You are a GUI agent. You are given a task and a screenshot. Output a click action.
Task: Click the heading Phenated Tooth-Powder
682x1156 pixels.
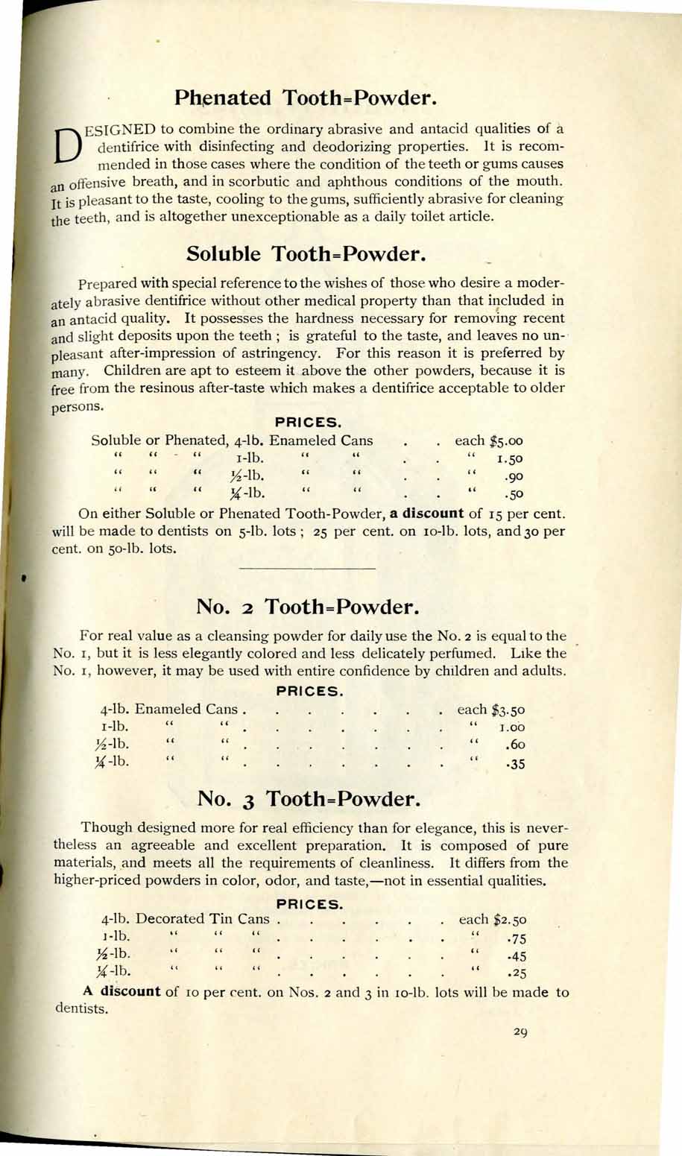(304, 98)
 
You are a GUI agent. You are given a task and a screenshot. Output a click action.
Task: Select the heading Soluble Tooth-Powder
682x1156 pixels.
(306, 253)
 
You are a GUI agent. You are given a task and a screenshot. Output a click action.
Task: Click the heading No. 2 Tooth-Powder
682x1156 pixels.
(304, 606)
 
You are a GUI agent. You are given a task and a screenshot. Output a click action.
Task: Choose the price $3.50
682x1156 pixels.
(510, 710)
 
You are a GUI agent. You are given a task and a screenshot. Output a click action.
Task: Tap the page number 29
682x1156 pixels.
(520, 1032)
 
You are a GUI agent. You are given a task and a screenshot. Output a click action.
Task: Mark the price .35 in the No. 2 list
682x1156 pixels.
(514, 763)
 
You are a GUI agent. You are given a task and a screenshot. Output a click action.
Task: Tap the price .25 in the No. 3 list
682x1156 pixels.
(516, 973)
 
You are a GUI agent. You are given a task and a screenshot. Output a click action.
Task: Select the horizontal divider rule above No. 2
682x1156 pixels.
(307, 569)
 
